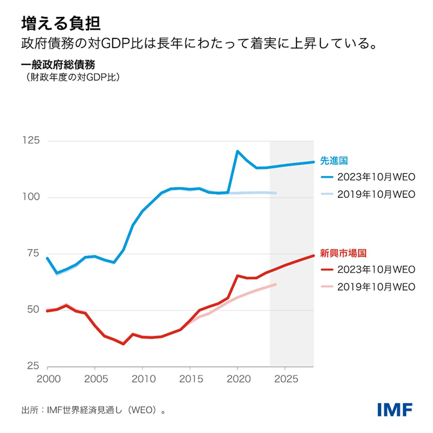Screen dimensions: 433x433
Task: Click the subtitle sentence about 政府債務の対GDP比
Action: coord(199,46)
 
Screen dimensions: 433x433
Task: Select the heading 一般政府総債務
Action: coord(58,66)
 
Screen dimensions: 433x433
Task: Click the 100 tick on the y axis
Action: coord(31,197)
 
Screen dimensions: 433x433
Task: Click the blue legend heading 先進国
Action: coord(334,161)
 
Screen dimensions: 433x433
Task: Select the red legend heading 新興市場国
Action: coord(343,253)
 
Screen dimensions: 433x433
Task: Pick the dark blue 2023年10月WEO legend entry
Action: coord(367,177)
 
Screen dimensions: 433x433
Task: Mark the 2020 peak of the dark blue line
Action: coord(238,151)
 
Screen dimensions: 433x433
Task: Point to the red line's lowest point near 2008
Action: coord(123,343)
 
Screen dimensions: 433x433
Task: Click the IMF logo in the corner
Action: coord(395,410)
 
